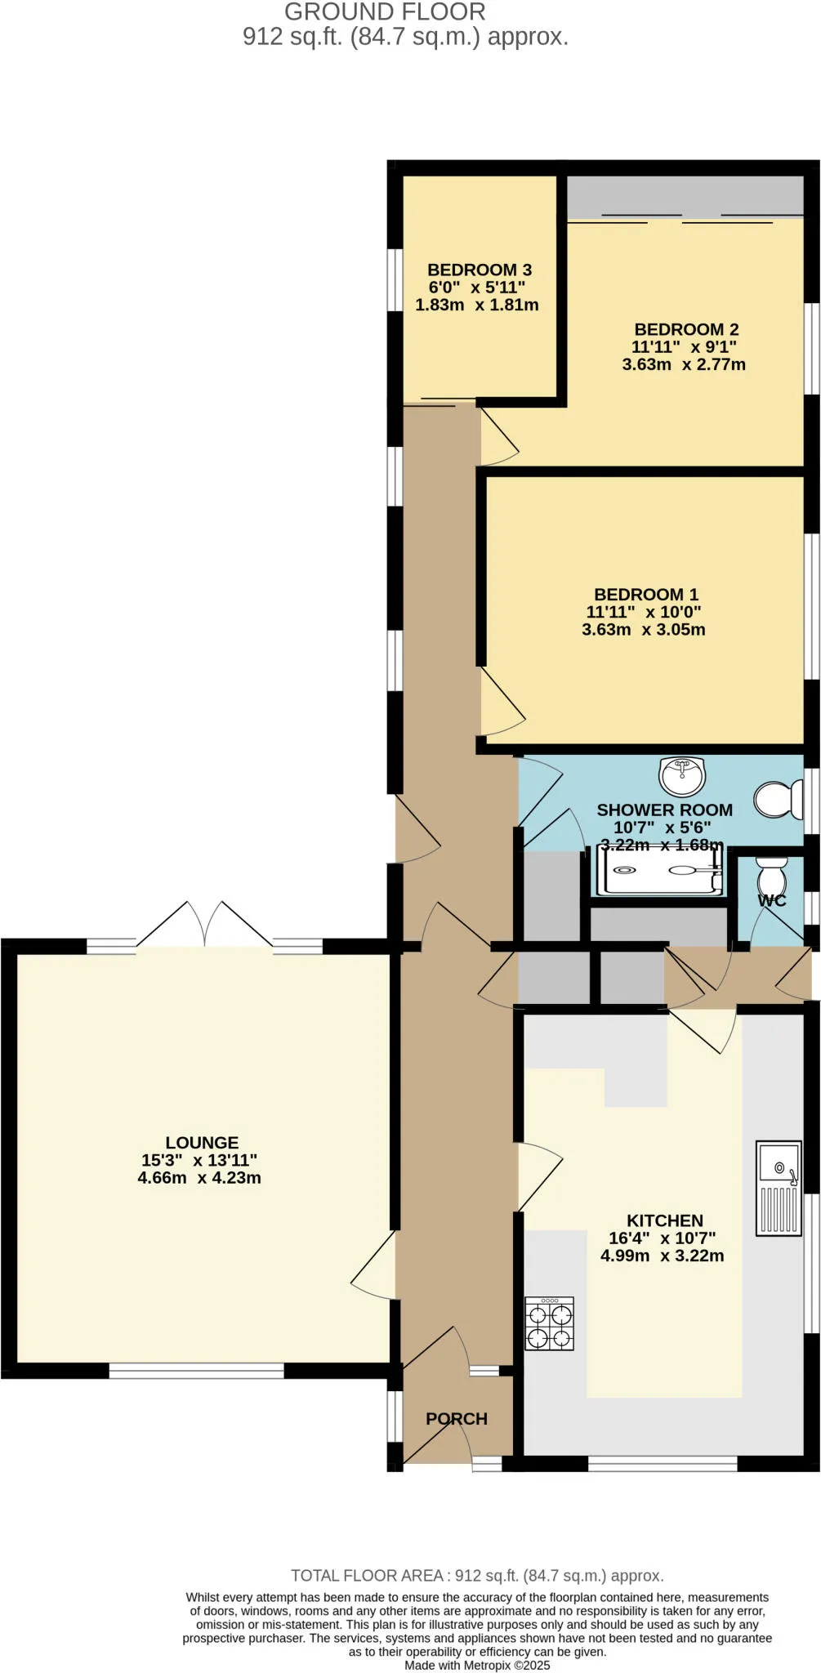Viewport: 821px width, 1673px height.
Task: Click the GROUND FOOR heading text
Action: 385,12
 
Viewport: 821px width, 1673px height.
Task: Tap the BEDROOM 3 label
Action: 480,270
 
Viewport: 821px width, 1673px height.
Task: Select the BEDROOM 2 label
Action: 686,329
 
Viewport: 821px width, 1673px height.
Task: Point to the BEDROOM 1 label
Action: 645,595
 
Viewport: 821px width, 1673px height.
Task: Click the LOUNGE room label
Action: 202,1143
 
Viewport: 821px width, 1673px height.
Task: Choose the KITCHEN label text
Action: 664,1220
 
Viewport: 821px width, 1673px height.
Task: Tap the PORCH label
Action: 456,1419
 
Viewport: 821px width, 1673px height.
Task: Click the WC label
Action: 771,901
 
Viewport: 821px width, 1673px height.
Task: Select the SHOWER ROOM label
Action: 664,810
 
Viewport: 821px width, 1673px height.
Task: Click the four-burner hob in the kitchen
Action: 549,1324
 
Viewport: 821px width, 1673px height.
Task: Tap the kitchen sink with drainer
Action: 778,1188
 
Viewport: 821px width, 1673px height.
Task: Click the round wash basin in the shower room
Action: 682,776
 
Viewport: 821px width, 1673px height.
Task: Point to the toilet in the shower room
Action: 778,800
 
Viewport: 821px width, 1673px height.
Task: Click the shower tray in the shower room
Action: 662,873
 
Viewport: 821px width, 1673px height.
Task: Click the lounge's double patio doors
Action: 204,925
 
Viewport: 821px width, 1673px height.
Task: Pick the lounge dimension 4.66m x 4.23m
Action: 199,1178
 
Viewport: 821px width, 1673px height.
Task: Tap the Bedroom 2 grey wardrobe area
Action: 685,197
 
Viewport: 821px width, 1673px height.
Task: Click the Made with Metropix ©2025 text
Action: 477,1665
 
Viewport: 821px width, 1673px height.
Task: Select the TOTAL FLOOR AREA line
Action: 477,1576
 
